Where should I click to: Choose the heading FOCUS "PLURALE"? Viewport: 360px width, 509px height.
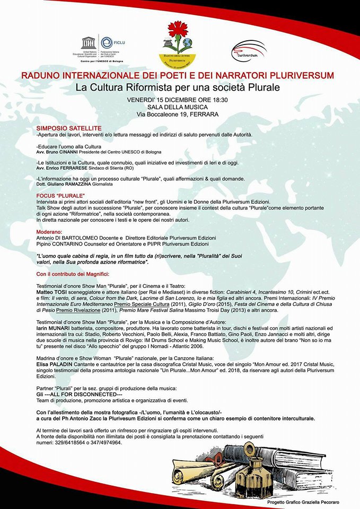[57, 196]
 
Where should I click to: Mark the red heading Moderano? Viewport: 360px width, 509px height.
[51, 232]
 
